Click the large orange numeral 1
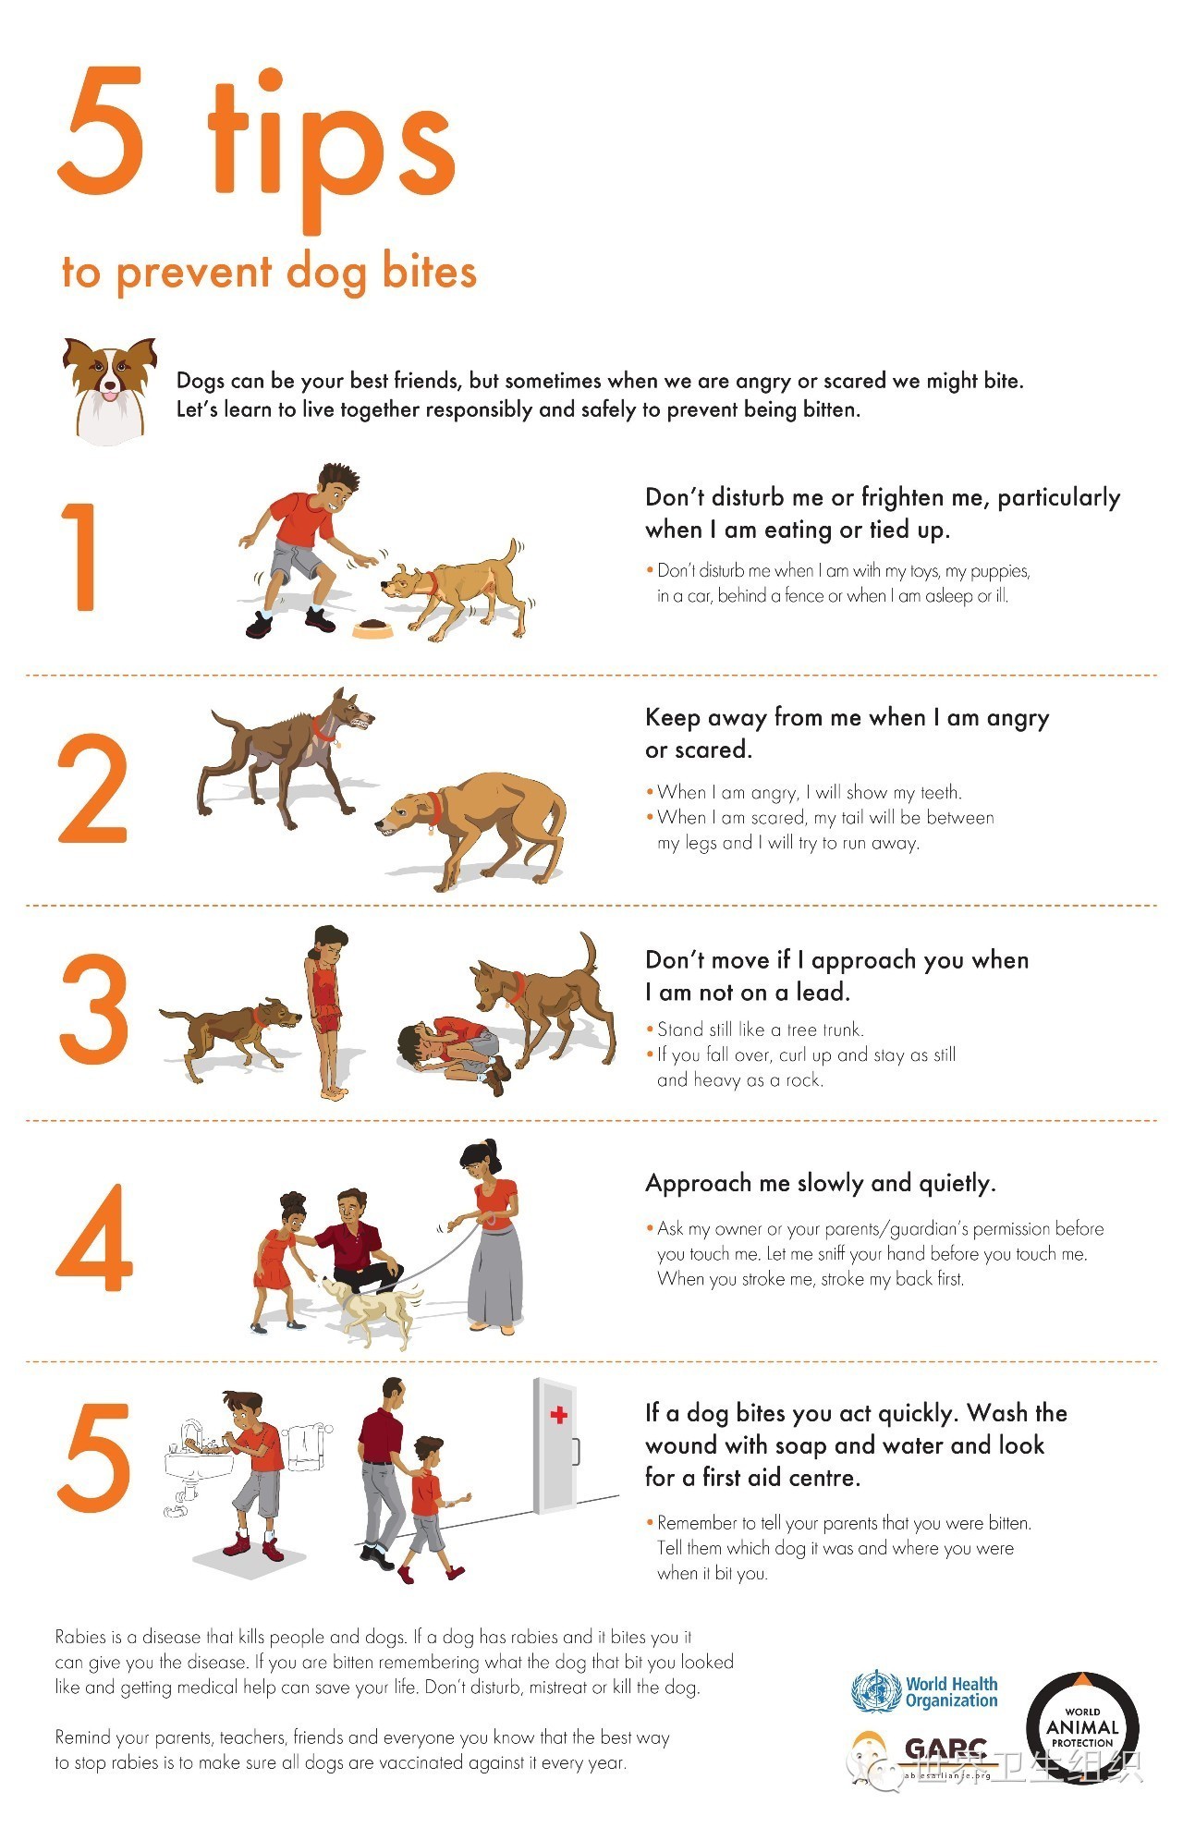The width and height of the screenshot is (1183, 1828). click(80, 556)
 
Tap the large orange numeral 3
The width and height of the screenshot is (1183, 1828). click(93, 1009)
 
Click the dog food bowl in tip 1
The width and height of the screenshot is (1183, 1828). click(372, 629)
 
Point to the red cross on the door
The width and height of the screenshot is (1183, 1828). click(558, 1415)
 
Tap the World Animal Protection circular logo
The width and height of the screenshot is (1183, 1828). click(1082, 1727)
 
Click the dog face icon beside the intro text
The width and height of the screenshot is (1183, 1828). click(109, 390)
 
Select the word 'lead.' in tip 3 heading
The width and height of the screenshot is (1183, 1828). click(823, 992)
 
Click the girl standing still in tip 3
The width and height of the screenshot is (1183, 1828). click(327, 1011)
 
